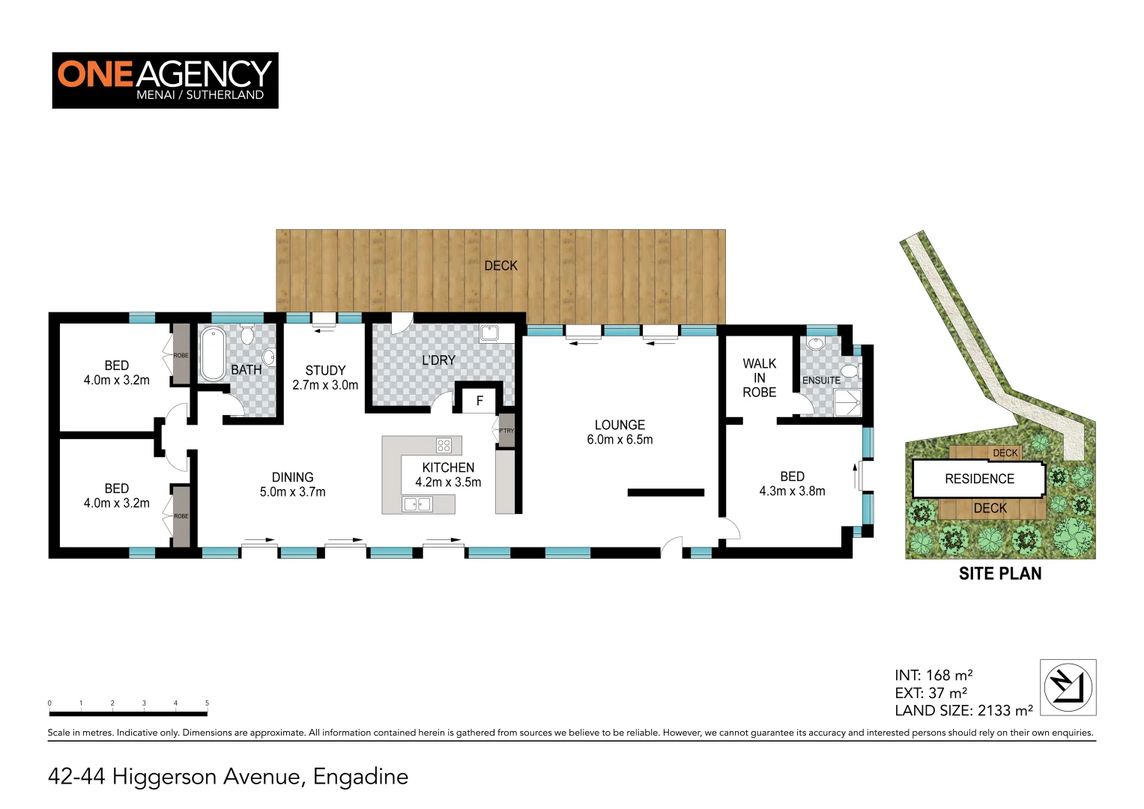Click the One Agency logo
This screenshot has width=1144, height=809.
coord(165,80)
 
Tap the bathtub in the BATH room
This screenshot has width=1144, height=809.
coord(212,354)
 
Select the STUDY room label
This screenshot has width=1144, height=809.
coord(325,378)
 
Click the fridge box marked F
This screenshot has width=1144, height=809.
coord(479,401)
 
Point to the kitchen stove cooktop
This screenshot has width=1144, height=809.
coord(444,446)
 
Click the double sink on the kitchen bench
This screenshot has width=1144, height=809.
coord(417,504)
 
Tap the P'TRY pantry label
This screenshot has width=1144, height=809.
coord(506,431)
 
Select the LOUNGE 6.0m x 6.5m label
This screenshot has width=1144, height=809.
coord(620,432)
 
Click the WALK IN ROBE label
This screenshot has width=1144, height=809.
coord(759,378)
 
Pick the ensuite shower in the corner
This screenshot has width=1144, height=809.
coord(847,402)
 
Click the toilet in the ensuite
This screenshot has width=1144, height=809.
coord(849,371)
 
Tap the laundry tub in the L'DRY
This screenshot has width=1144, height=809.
coord(489,333)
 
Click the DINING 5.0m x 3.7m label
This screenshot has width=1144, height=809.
coord(292,485)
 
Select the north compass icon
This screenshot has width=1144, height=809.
coord(1068,687)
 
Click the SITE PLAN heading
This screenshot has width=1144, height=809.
coord(999,574)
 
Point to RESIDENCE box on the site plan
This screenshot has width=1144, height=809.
coord(978,479)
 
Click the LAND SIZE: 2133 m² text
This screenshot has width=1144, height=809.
coord(963,710)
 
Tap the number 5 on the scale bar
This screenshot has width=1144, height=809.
coord(207,703)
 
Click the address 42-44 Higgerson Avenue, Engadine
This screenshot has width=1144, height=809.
coord(228,777)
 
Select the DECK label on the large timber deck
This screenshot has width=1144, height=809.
coord(500,266)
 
